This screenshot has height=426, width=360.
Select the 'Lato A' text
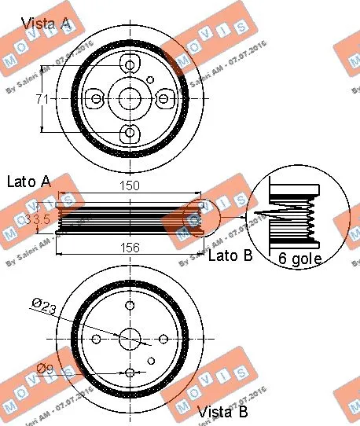pyautogui.click(x=29, y=182)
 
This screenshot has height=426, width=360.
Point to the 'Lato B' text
pyautogui.click(x=230, y=255)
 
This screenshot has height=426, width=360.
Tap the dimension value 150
pyautogui.click(x=130, y=186)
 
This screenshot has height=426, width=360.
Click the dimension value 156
pyautogui.click(x=130, y=248)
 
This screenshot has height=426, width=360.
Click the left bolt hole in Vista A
pyautogui.click(x=96, y=98)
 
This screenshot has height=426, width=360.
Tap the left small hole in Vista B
pyautogui.click(x=96, y=338)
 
